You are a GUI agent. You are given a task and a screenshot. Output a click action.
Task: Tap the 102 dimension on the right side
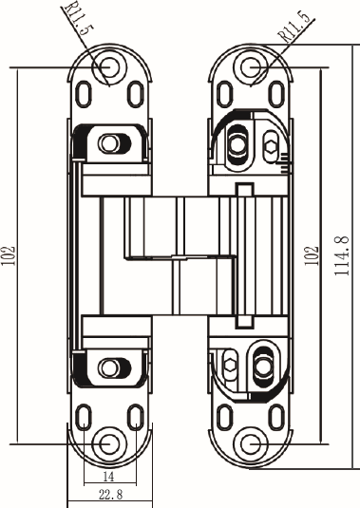[309, 255]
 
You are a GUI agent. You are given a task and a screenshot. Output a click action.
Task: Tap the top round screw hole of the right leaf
[251, 66]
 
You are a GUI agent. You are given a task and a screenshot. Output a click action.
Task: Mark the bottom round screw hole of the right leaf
[251, 444]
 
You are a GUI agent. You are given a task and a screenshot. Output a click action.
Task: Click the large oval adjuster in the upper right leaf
[236, 143]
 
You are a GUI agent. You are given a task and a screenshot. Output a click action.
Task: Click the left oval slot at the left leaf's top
[84, 94]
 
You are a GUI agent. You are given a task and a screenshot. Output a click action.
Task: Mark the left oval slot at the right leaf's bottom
[223, 418]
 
